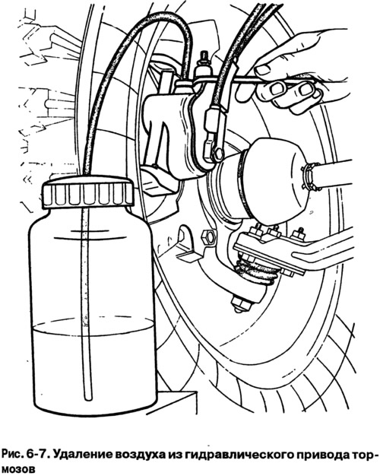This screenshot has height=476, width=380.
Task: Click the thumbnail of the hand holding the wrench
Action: [262, 70]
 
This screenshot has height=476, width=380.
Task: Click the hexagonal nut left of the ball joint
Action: [209, 236]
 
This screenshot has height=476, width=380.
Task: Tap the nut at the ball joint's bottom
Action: [241, 303]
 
